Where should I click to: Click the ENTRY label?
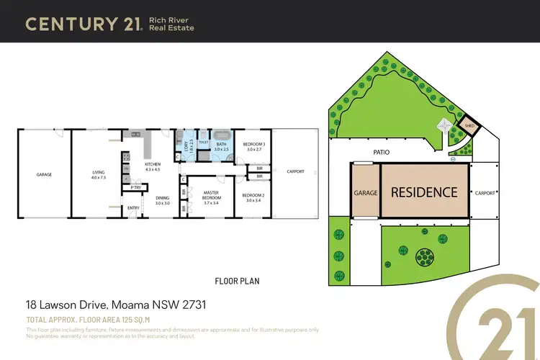click(133, 209)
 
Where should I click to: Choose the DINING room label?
click(162, 199)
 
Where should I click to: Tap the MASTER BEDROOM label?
click(211, 194)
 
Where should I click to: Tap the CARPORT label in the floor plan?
click(295, 171)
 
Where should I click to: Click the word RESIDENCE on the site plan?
click(424, 192)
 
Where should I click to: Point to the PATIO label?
click(382, 153)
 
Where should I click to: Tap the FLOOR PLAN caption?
click(237, 281)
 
